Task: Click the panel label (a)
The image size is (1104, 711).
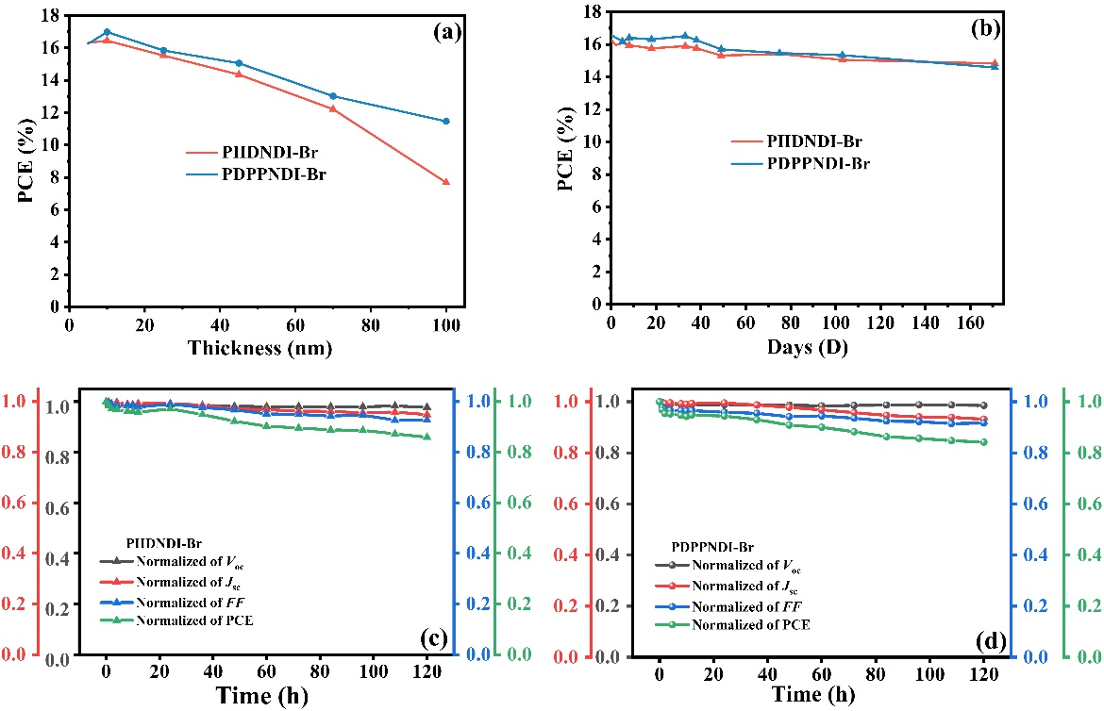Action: (445, 32)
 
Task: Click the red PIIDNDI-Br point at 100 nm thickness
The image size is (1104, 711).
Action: (445, 182)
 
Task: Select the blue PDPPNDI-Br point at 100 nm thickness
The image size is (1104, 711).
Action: (445, 121)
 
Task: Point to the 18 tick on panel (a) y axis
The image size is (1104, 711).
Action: (54, 15)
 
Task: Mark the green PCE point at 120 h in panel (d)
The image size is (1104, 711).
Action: (983, 441)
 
